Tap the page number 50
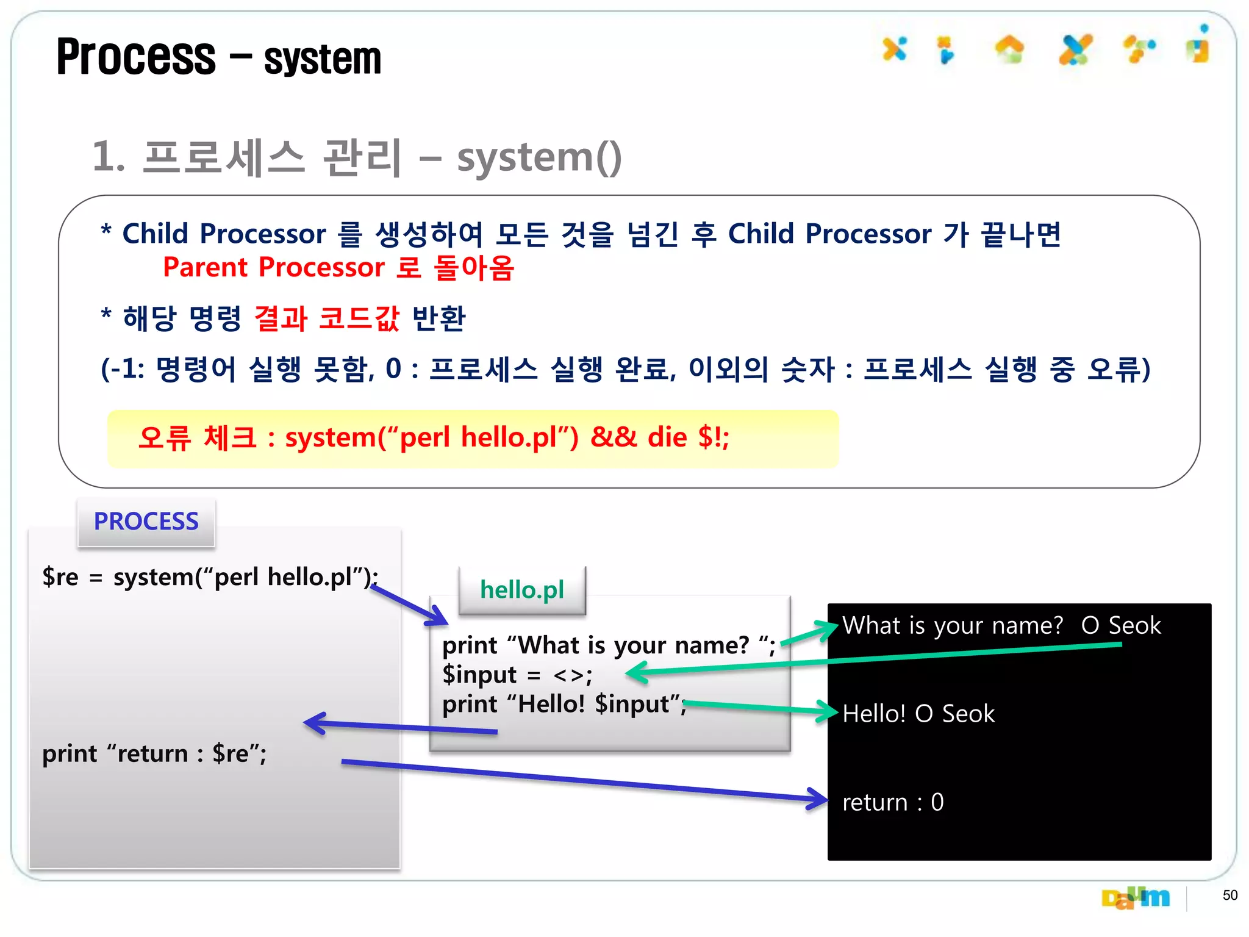pos(1229,895)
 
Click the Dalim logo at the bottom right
pos(1135,897)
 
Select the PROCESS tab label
pos(146,522)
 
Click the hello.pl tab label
pos(522,590)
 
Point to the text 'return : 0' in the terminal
pos(892,802)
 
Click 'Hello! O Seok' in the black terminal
pos(918,714)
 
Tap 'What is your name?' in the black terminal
pos(952,626)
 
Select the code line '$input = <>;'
pos(517,675)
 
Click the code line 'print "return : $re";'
pos(154,754)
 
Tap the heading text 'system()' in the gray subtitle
pos(539,157)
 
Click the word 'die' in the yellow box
pos(667,437)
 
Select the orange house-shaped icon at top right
pos(1010,49)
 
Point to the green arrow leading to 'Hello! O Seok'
pos(762,708)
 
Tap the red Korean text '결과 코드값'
pos(326,318)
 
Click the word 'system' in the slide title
pos(323,59)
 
